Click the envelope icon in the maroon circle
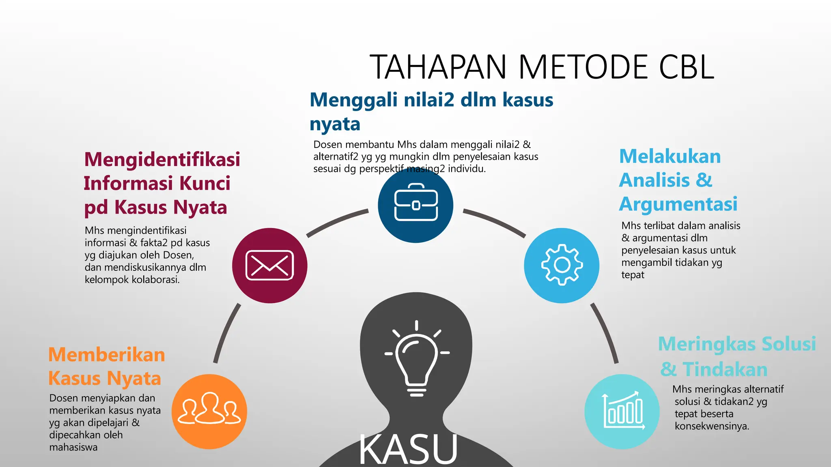[269, 266]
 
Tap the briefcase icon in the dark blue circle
[416, 203]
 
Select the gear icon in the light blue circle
[562, 265]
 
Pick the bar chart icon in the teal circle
[623, 411]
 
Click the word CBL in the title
[686, 67]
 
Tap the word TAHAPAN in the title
[438, 67]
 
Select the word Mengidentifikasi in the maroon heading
[162, 159]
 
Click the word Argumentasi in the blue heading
[678, 204]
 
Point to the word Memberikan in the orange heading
[107, 355]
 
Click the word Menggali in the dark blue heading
[353, 100]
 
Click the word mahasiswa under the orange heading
[73, 447]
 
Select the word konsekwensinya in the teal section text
[712, 426]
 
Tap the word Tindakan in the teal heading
[725, 370]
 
